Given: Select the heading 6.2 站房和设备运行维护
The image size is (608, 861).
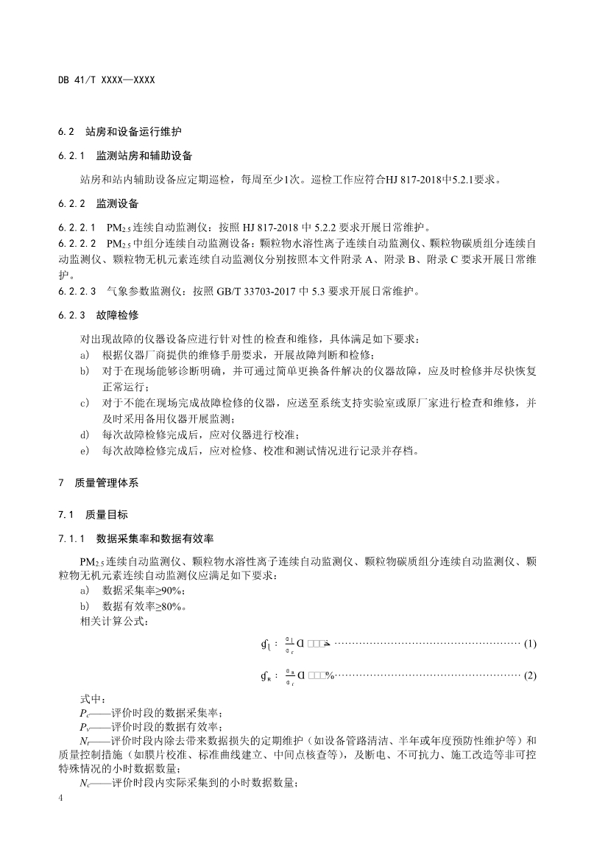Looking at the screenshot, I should tap(120, 132).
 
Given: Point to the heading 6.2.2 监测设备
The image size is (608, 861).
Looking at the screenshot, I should tap(99, 202).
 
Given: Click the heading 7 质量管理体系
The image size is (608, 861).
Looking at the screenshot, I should tap(99, 484).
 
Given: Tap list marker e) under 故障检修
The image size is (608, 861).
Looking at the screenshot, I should tap(85, 450).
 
